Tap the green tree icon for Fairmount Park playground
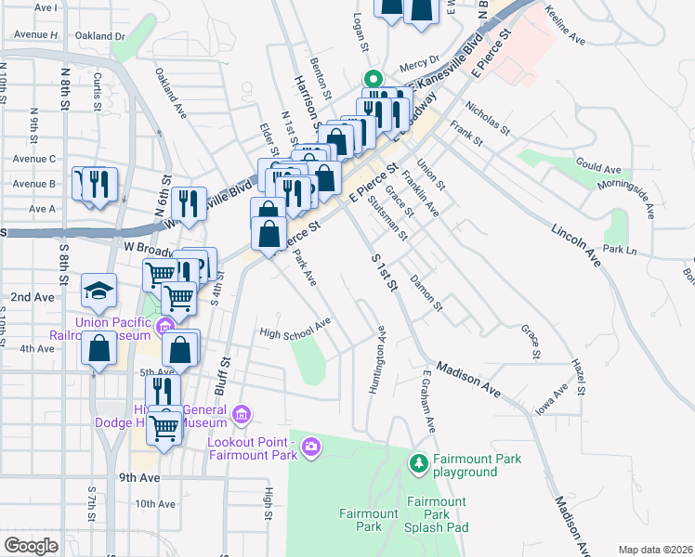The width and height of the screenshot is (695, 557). point(419,461)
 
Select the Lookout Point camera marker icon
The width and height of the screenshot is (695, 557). point(311,448)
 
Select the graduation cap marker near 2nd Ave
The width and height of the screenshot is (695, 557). point(98,292)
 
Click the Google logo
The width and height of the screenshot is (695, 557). point(32,545)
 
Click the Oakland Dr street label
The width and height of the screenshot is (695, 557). point(100,36)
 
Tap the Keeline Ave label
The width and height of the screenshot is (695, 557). point(565,26)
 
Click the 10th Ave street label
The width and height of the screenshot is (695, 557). point(155,504)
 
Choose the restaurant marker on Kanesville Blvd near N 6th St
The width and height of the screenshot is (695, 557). point(190,203)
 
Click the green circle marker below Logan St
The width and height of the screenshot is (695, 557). point(373,79)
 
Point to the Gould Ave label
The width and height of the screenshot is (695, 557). point(597,166)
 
